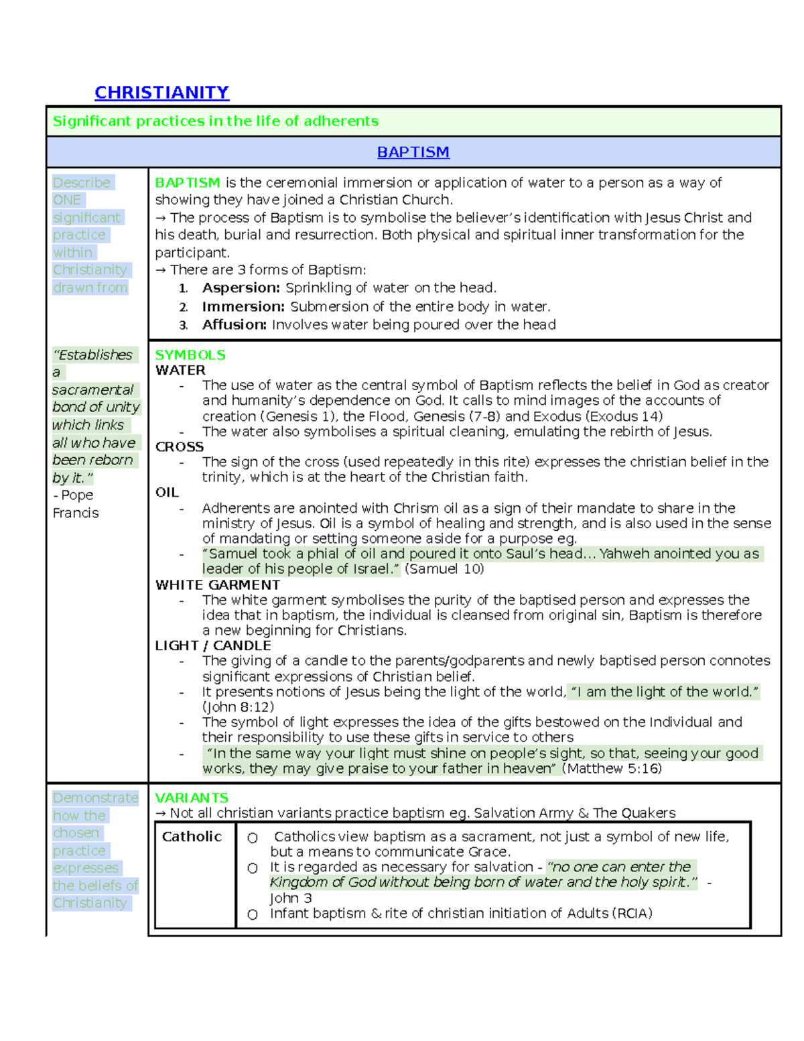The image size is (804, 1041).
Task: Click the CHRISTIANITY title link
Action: (x=161, y=93)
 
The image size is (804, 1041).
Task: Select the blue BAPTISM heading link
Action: (x=413, y=152)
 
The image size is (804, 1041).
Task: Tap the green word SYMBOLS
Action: (x=190, y=355)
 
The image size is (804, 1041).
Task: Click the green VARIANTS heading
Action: (x=192, y=798)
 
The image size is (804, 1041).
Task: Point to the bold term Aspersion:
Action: (x=241, y=288)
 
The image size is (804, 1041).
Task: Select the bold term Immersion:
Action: (x=243, y=307)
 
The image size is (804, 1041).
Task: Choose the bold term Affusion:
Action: (x=234, y=325)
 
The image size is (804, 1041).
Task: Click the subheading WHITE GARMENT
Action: (x=218, y=585)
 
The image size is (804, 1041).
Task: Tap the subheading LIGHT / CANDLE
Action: (x=213, y=646)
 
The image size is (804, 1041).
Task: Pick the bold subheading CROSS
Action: (x=180, y=446)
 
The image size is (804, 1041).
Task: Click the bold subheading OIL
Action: (x=167, y=493)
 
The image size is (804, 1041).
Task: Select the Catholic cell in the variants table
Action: (x=192, y=837)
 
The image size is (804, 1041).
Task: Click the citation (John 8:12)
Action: (x=238, y=707)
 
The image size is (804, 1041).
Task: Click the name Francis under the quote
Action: (x=76, y=513)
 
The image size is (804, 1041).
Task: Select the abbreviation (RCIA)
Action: (x=632, y=914)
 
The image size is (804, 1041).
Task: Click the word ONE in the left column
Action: (x=67, y=200)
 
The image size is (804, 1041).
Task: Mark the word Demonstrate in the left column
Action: (x=95, y=798)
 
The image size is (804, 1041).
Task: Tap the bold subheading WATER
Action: (x=180, y=370)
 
